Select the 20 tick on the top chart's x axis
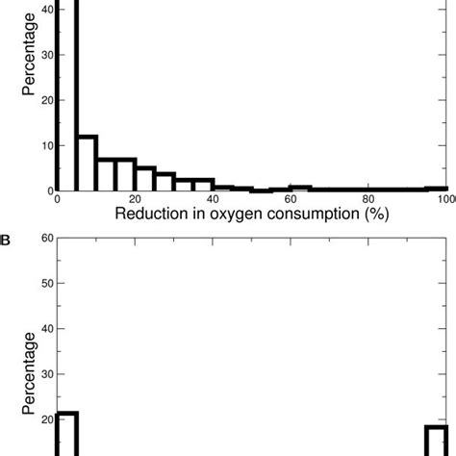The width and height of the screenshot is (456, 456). (136, 199)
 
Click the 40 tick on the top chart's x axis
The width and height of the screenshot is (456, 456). (214, 199)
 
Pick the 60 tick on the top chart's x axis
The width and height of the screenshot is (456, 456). (291, 199)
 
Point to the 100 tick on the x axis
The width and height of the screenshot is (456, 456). (444, 199)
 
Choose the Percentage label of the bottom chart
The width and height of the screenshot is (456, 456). (29, 370)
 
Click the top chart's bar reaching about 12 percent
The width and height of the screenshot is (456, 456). (87, 164)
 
